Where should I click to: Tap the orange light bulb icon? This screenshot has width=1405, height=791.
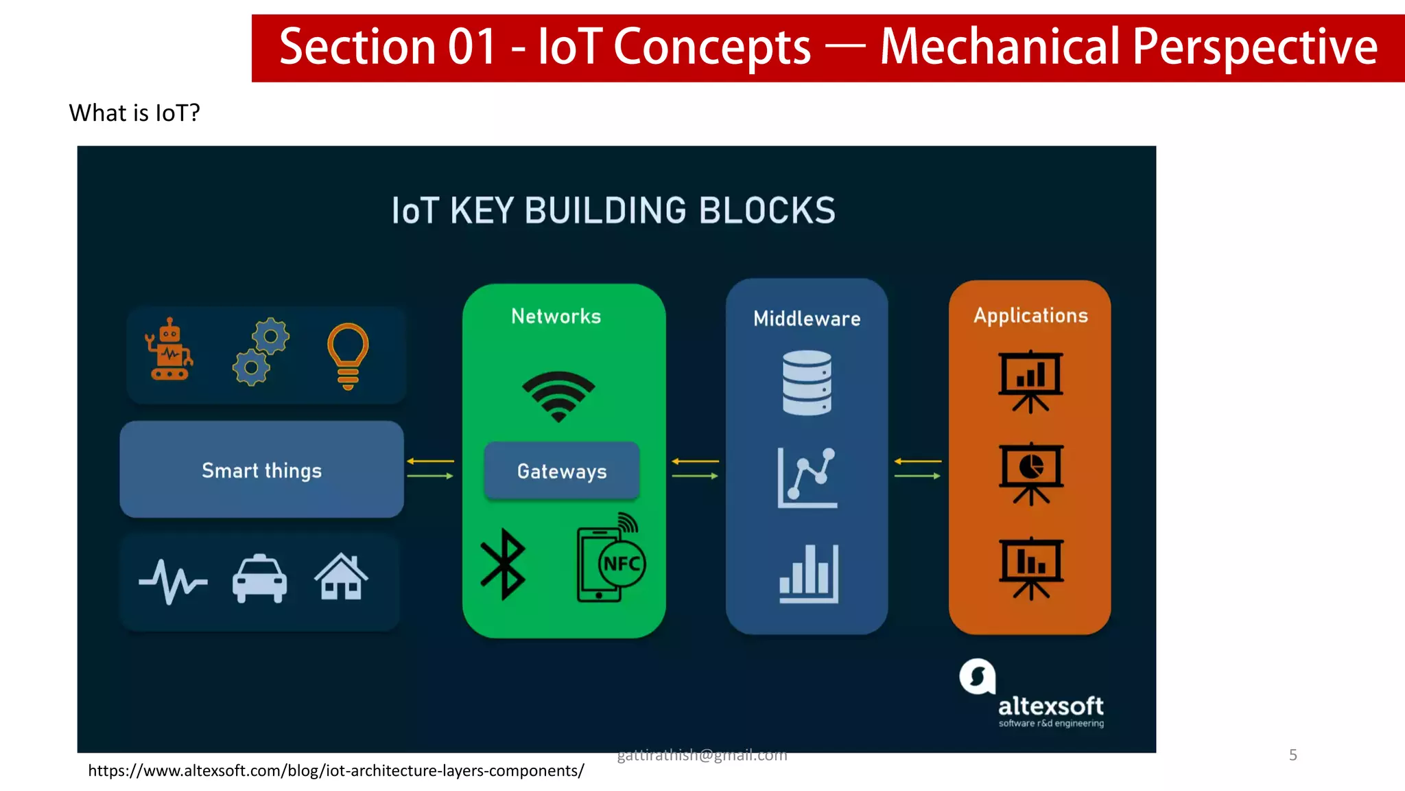pyautogui.click(x=348, y=355)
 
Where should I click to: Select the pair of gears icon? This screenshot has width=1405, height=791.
pyautogui.click(x=261, y=352)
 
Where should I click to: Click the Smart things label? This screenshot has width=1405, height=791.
pyautogui.click(x=261, y=470)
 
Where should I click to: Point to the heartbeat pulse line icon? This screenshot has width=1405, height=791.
pyautogui.click(x=172, y=581)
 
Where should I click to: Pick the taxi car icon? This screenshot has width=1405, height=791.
pyautogui.click(x=259, y=578)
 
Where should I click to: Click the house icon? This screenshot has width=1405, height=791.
pyautogui.click(x=341, y=577)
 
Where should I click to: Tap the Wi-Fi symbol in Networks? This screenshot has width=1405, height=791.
pyautogui.click(x=558, y=396)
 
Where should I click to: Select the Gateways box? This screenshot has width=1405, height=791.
pyautogui.click(x=562, y=471)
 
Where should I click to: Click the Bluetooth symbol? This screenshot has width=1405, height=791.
pyautogui.click(x=503, y=564)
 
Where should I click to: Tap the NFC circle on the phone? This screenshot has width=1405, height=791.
pyautogui.click(x=622, y=564)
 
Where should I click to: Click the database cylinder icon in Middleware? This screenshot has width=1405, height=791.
pyautogui.click(x=807, y=382)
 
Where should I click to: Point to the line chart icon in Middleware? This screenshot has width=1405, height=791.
pyautogui.click(x=807, y=477)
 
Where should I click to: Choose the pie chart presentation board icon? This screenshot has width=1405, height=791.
pyautogui.click(x=1030, y=472)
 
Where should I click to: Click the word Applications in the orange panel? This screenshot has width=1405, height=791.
pyautogui.click(x=1030, y=316)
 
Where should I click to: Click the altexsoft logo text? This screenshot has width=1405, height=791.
pyautogui.click(x=1050, y=706)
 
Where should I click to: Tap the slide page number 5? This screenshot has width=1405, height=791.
pyautogui.click(x=1292, y=755)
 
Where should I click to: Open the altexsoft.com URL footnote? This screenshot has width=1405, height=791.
pyautogui.click(x=336, y=770)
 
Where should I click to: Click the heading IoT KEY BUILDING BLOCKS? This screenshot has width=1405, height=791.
pyautogui.click(x=613, y=211)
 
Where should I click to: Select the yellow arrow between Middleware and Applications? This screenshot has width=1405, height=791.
pyautogui.click(x=918, y=461)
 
